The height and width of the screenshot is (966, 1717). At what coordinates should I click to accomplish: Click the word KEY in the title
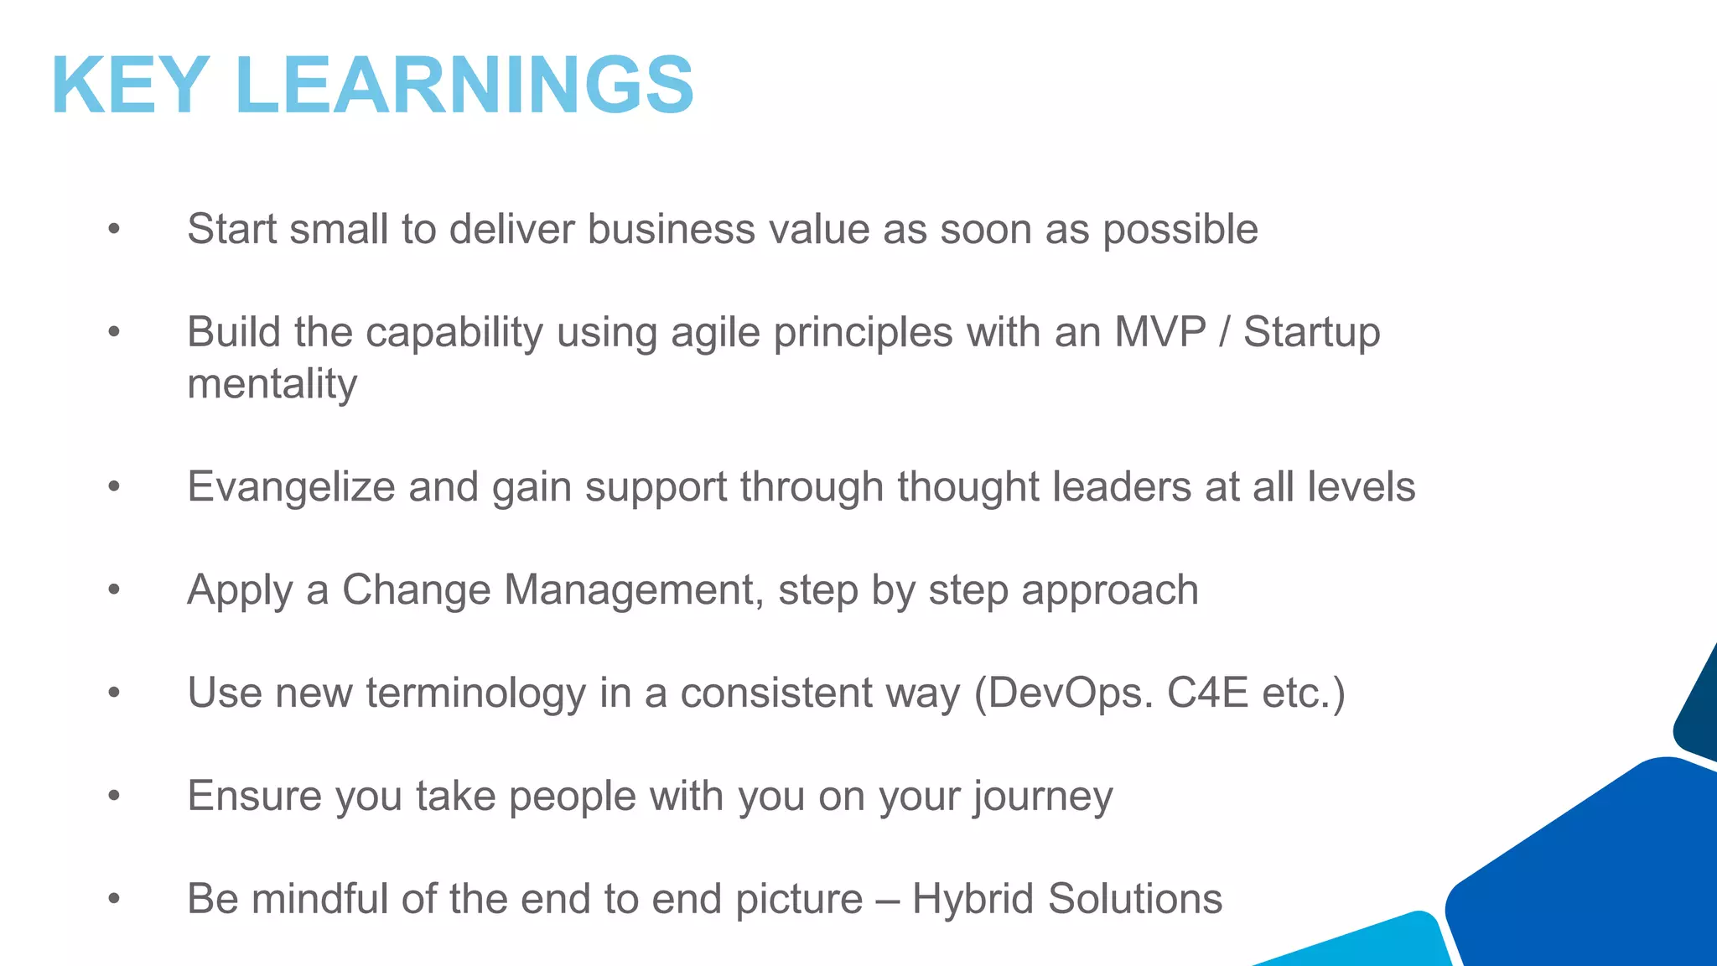point(130,86)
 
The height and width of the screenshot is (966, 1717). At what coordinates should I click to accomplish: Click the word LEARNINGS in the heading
point(464,86)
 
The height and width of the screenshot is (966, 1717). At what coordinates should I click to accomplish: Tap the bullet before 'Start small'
point(115,229)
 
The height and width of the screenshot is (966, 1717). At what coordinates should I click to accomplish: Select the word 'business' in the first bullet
point(671,229)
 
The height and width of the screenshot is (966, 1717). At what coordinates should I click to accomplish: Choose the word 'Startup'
point(1311,333)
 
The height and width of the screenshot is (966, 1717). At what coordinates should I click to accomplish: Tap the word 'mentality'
point(272,385)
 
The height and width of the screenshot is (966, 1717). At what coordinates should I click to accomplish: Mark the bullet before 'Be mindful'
point(115,899)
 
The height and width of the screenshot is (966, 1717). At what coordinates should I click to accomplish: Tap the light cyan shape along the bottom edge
point(1375,943)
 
